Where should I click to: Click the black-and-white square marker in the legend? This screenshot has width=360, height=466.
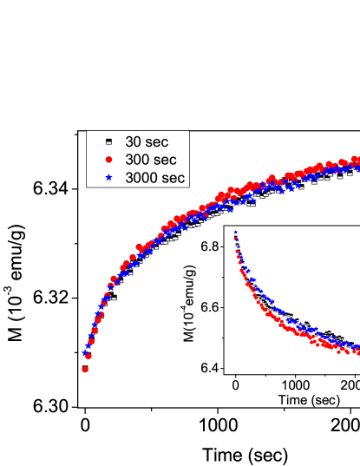tap(108, 141)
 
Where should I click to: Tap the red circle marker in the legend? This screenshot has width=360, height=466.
tap(108, 160)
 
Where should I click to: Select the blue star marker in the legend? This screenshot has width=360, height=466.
tap(108, 177)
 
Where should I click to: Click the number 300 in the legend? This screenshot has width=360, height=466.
tap(137, 160)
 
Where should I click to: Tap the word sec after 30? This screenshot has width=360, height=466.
tap(157, 141)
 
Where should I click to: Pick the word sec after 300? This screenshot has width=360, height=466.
tap(165, 160)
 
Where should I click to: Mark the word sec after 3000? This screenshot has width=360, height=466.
tap(173, 177)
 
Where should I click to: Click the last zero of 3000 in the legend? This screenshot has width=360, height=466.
tap(153, 177)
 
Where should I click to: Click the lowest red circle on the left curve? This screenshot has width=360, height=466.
tap(85, 370)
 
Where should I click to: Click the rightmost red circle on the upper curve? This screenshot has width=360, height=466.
tap(355, 161)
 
